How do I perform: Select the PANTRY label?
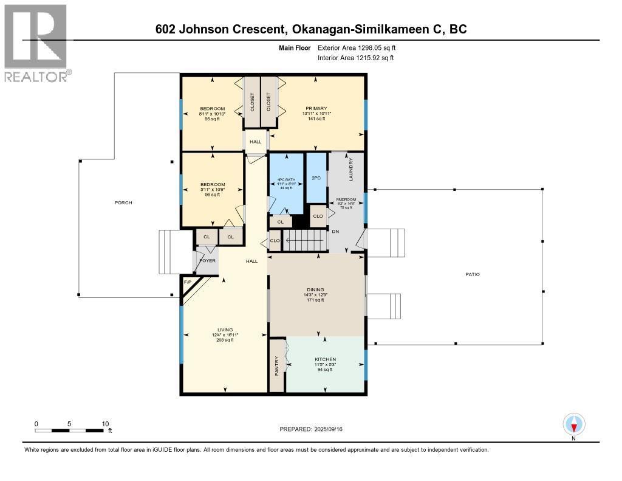[x=277, y=365]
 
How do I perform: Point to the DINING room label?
[x=315, y=289]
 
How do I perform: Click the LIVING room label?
[x=225, y=330]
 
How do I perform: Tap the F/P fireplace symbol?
[x=187, y=283]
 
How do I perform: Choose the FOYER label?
[x=207, y=261]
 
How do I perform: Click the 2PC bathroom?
[x=316, y=178]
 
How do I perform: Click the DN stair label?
[x=335, y=231]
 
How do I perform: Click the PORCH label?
[x=123, y=202]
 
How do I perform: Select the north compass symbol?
[x=573, y=424]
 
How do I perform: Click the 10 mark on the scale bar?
[x=105, y=424]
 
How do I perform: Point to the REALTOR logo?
[x=36, y=43]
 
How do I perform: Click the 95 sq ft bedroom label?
[x=212, y=119]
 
